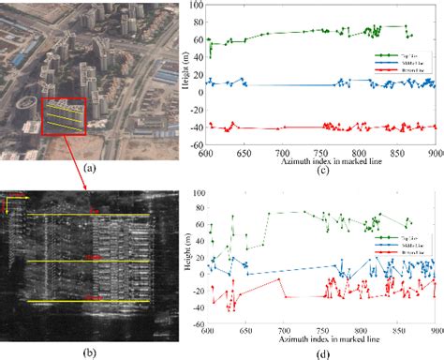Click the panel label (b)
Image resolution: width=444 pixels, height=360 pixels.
point(89,352)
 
